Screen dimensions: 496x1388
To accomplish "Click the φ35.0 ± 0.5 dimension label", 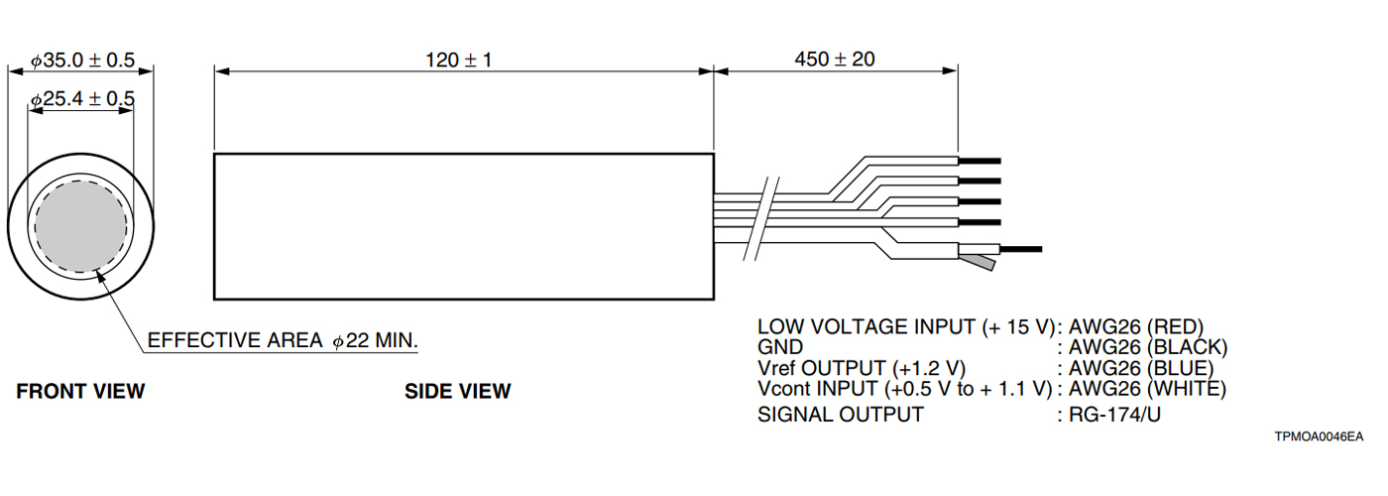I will (x=82, y=61).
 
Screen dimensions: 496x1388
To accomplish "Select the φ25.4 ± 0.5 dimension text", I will (x=82, y=100).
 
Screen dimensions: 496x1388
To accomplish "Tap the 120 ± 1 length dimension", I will (x=459, y=61).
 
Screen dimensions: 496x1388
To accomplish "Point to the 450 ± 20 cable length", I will (x=835, y=60).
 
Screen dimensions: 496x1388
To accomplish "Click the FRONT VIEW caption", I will (x=80, y=391).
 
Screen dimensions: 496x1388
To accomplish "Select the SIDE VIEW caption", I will (x=457, y=391).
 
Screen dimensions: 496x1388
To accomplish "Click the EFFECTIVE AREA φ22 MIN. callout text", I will (x=283, y=340).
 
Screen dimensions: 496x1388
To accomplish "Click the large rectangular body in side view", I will (x=464, y=226).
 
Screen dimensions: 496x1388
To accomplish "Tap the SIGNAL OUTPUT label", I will (x=840, y=415).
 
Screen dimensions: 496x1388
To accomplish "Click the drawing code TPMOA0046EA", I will (x=1320, y=436).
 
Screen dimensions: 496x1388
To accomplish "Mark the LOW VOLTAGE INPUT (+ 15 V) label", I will (x=905, y=326).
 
